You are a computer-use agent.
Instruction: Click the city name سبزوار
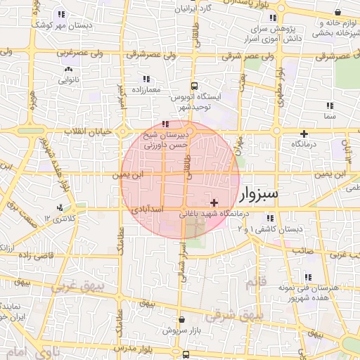tap(259, 193)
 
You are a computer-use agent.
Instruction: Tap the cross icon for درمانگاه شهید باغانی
tap(214, 202)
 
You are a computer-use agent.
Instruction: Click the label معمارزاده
tap(146, 90)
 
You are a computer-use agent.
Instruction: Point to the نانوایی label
tap(68, 80)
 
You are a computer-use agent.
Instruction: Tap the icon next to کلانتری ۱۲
tap(60, 207)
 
